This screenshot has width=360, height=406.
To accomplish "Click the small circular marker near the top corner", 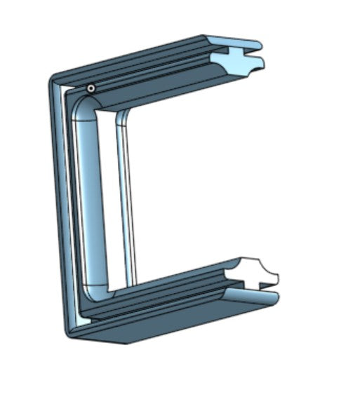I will click(x=91, y=88).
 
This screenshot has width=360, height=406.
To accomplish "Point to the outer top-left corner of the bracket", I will click(x=53, y=78).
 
